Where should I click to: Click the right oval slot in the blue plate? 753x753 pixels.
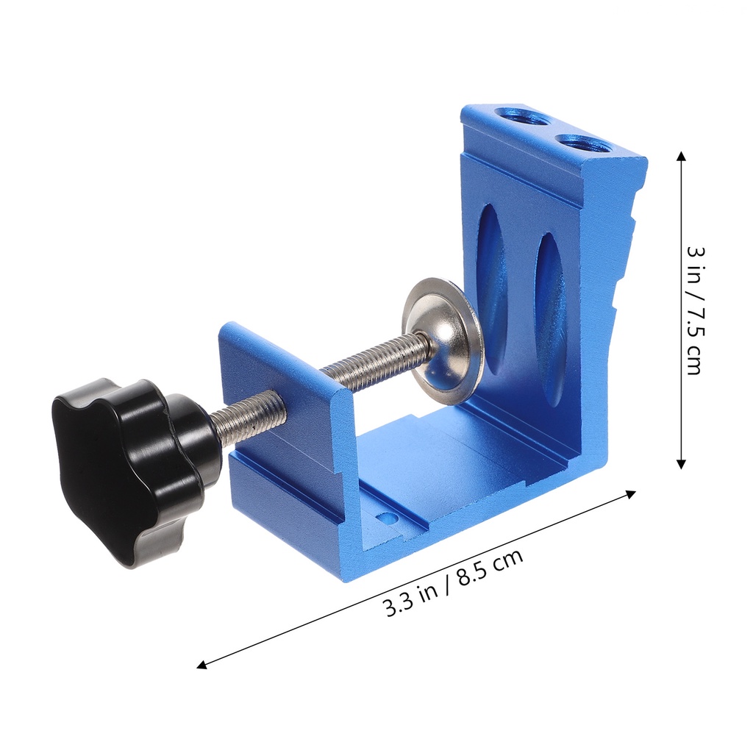(x=550, y=316)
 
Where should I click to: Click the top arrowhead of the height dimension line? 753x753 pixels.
(x=682, y=156)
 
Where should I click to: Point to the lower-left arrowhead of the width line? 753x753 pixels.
(x=201, y=665)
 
